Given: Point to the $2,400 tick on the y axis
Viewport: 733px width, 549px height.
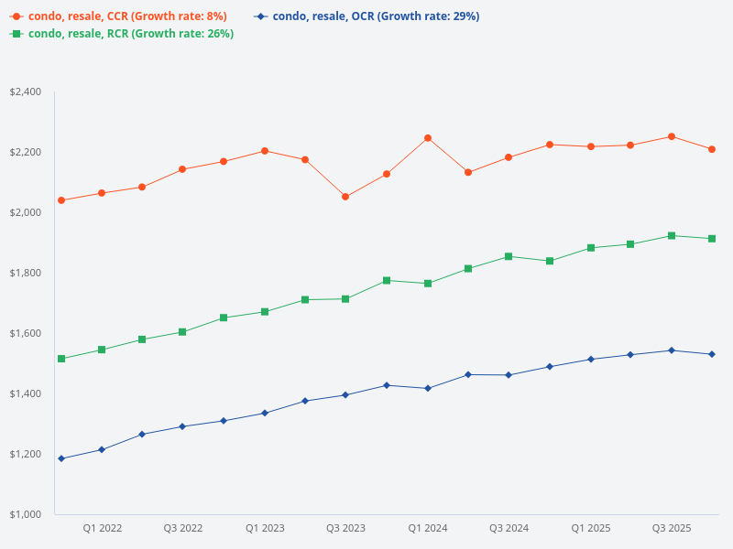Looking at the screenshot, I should [x=26, y=91].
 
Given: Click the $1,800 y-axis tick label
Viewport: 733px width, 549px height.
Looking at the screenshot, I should [x=26, y=273].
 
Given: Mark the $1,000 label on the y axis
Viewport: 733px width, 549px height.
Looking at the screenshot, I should [x=26, y=514].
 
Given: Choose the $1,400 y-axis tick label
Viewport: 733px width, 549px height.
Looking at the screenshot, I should [x=26, y=393].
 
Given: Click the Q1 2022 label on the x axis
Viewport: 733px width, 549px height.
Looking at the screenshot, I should [x=102, y=529].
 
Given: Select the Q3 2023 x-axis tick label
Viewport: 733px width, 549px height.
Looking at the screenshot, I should [x=345, y=529].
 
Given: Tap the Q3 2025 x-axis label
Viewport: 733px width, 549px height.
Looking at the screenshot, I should [x=672, y=529].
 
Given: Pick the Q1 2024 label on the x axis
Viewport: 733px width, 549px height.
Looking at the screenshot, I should [x=427, y=529].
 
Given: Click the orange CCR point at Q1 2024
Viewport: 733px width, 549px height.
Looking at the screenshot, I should [x=427, y=138].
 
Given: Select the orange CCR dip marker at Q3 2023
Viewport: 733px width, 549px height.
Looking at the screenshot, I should [x=345, y=197].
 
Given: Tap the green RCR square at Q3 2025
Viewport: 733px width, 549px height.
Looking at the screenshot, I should [x=672, y=236].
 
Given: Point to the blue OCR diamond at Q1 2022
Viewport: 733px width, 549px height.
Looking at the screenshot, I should [x=102, y=449].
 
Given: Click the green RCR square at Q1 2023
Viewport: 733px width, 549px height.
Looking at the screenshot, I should [x=265, y=312].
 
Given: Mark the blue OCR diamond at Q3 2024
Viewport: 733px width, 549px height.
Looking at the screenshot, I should [x=509, y=374].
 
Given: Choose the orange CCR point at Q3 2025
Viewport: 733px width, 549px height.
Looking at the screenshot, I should [x=672, y=136].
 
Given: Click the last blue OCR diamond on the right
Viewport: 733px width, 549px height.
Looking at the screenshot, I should [x=712, y=354].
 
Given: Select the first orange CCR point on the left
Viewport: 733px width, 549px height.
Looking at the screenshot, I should [x=61, y=200].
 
